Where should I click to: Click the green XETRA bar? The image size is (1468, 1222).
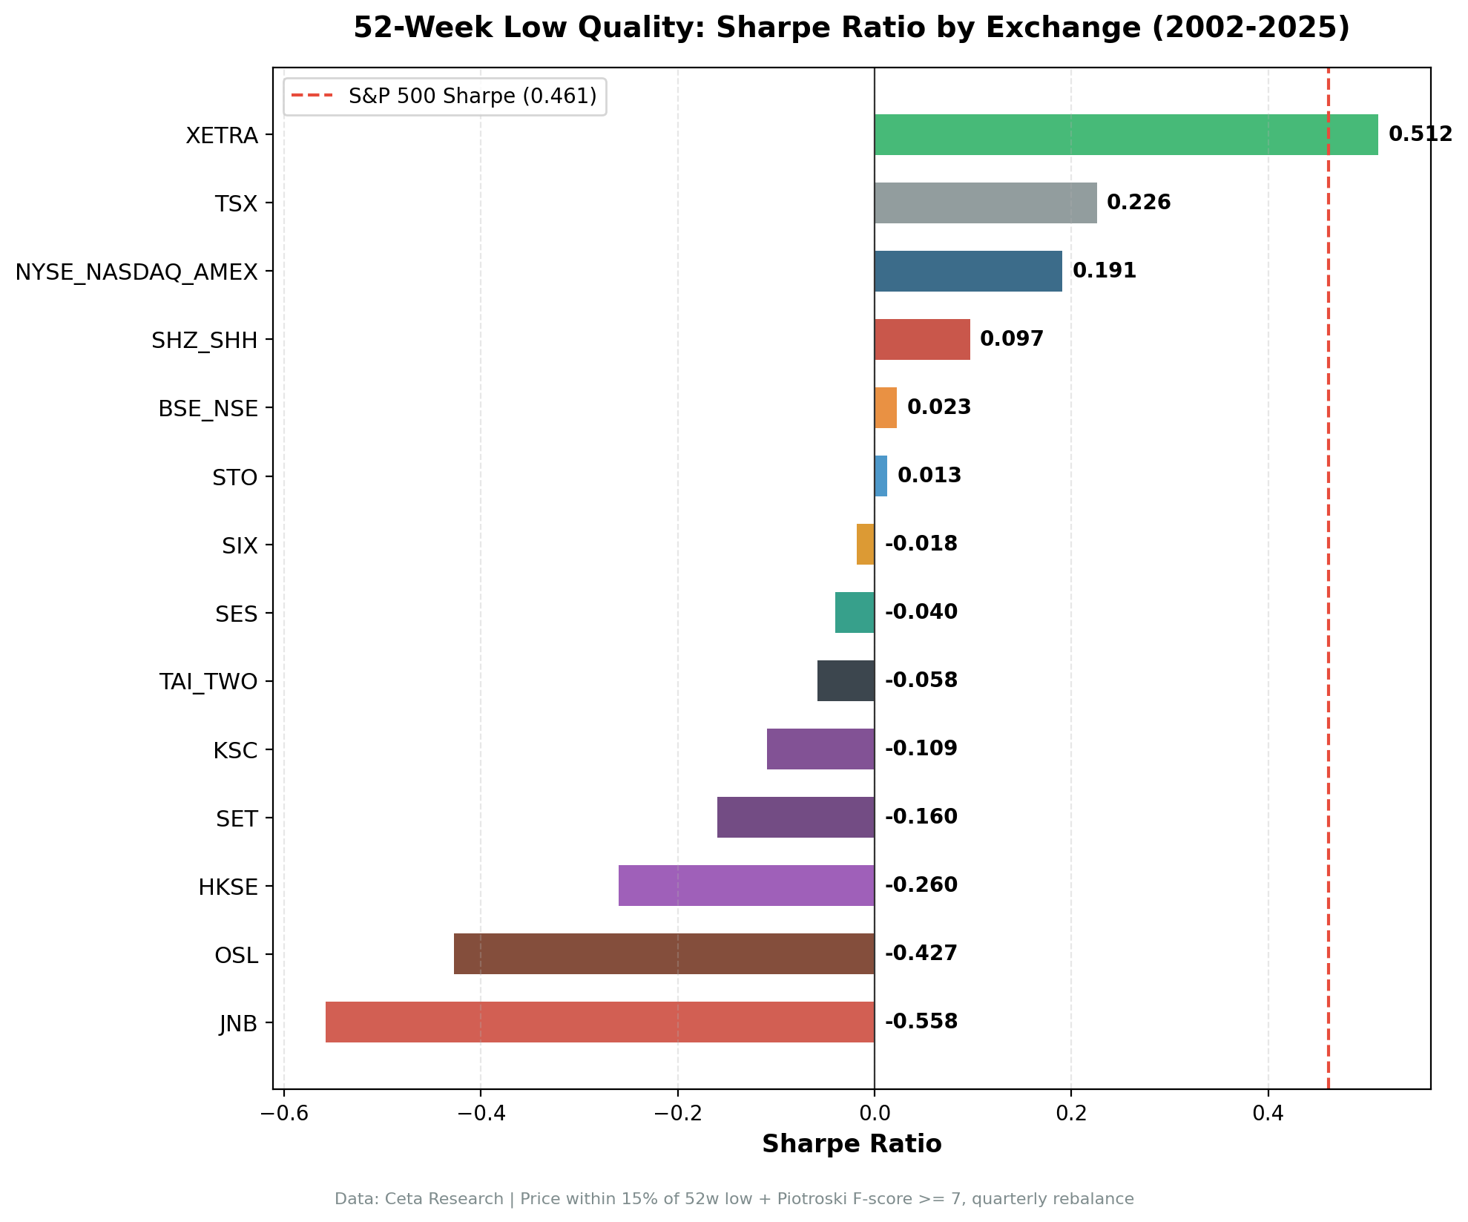(x=1125, y=134)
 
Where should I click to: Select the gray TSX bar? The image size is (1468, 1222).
(x=985, y=203)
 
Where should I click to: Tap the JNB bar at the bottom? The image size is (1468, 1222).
(x=599, y=1022)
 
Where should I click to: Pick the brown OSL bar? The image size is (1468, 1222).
(x=664, y=953)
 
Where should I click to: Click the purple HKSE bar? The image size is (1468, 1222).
(x=746, y=885)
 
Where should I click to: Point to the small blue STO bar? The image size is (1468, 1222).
(x=881, y=476)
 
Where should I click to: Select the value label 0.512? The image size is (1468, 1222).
(x=1420, y=134)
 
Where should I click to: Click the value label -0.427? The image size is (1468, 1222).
(x=921, y=953)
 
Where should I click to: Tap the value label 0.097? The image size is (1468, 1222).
(x=1011, y=339)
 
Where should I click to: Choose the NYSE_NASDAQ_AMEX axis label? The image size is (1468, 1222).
(x=136, y=272)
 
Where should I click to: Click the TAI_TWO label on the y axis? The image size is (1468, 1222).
(x=208, y=682)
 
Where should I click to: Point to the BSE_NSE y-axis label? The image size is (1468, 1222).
(x=208, y=409)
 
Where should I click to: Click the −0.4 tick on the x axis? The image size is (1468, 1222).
(x=480, y=1114)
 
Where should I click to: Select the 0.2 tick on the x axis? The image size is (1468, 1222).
(x=1071, y=1114)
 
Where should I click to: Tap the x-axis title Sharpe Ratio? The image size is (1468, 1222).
(x=852, y=1144)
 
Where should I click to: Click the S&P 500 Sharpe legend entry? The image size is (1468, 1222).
(x=472, y=96)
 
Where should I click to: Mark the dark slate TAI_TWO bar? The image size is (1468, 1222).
(x=846, y=680)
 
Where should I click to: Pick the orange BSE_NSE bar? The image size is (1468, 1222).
(x=886, y=407)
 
